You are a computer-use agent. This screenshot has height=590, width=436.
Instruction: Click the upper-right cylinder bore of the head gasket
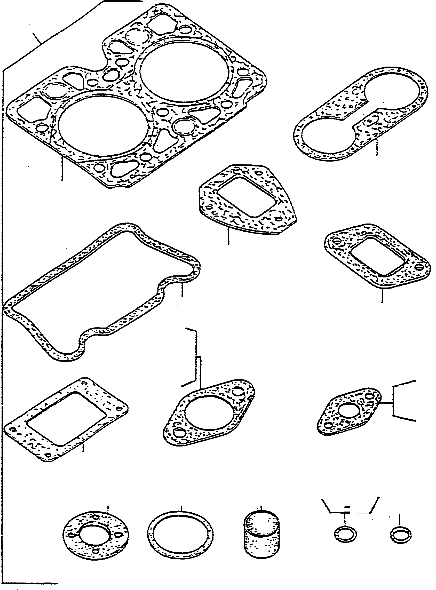184,72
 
